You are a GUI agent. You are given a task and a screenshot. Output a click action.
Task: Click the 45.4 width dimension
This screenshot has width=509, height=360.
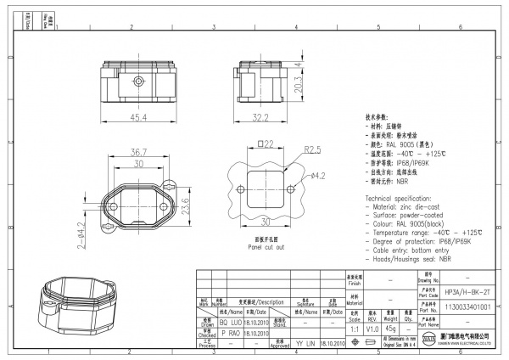pos(137,117)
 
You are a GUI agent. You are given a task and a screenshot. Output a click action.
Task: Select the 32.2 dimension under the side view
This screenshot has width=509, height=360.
pos(260,117)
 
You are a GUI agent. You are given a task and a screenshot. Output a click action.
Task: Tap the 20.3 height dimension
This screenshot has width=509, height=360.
pos(298,84)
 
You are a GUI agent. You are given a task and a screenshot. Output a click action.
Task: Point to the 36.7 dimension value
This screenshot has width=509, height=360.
pos(138,150)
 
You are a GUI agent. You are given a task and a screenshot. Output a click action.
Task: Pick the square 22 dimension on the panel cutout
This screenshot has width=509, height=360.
pos(265,144)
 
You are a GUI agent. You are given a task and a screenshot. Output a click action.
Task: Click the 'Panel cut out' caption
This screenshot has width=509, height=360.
pos(266,247)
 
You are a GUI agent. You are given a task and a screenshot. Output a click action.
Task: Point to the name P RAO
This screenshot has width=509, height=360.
pos(230,334)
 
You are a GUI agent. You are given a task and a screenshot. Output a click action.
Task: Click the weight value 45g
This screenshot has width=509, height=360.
pos(390,328)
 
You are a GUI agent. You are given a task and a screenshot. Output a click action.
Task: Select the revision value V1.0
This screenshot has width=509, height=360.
pos(372,328)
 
